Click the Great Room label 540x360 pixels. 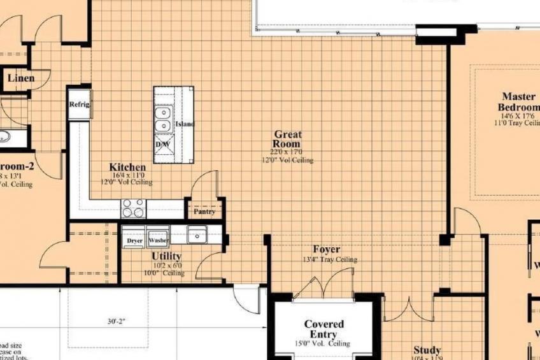tap(288, 139)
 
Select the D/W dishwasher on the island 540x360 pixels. tap(163, 145)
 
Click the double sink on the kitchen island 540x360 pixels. tap(163, 119)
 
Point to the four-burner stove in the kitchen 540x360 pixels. tap(134, 208)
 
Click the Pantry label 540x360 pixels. tap(204, 212)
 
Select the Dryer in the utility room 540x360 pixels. tap(134, 241)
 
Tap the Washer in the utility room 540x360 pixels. tap(157, 241)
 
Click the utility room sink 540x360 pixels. tap(197, 235)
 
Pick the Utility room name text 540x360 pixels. tap(167, 256)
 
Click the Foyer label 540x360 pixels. tap(326, 249)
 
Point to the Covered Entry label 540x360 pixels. tap(323, 329)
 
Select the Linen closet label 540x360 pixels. tap(21, 79)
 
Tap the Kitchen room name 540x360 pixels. tap(127, 167)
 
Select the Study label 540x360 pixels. tap(427, 350)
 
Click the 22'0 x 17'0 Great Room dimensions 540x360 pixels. tap(287, 152)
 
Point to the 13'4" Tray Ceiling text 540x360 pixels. tap(329, 259)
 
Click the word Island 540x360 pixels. tap(184, 124)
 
